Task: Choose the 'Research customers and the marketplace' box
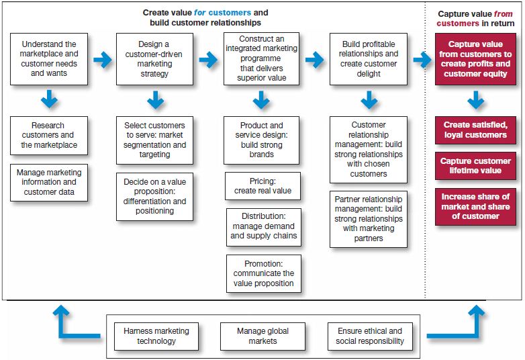click(x=49, y=135)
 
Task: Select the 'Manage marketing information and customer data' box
click(x=49, y=182)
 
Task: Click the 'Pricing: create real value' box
click(x=262, y=186)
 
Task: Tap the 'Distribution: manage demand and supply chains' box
click(x=262, y=226)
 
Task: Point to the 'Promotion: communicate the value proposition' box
click(x=263, y=273)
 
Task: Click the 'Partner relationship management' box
click(x=369, y=219)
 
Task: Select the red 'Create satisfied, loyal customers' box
click(x=475, y=130)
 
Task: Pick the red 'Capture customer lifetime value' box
click(x=475, y=166)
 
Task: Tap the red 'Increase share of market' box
click(x=475, y=207)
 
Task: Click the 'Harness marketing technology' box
click(x=156, y=336)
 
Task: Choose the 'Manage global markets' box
click(x=262, y=336)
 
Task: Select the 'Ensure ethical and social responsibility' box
click(x=369, y=336)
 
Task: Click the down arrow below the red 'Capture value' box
click(x=475, y=101)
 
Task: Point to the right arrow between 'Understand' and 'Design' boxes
click(x=102, y=60)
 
